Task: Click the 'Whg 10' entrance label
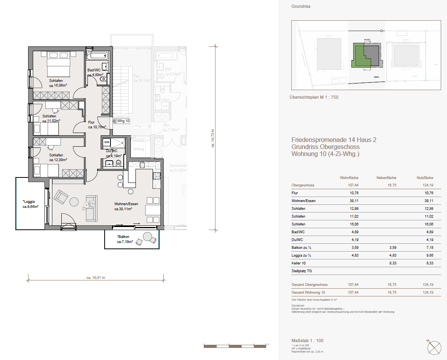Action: [123, 121]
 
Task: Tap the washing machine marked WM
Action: [107, 142]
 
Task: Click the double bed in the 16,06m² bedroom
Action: [59, 67]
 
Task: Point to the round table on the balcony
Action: [148, 236]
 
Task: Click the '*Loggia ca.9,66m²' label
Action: [30, 204]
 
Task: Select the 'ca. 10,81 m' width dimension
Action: [96, 278]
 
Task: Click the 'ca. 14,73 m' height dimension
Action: [213, 138]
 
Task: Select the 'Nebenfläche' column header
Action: [386, 177]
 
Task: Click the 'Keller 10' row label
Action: [299, 263]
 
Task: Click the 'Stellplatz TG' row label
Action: [301, 271]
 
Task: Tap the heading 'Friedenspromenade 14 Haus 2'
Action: [334, 140]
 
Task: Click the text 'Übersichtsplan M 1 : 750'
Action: [314, 97]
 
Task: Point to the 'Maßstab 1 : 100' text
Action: [307, 340]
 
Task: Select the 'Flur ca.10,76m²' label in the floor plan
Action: [95, 124]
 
